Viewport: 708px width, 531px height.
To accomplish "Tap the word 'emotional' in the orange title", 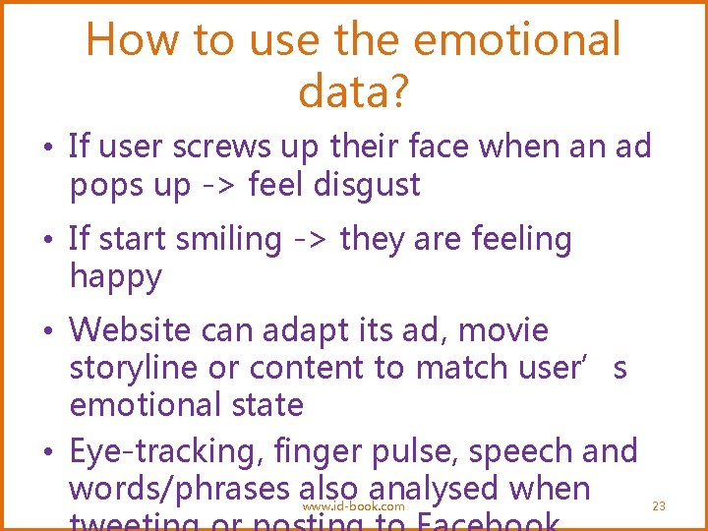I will pyautogui.click(x=519, y=41).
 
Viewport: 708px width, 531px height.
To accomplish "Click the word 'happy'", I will pyautogui.click(x=115, y=277).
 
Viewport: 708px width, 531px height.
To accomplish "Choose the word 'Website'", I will pyautogui.click(x=135, y=330).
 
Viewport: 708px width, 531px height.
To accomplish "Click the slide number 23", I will pyautogui.click(x=659, y=505).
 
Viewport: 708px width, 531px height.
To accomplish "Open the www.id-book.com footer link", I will pyautogui.click(x=353, y=506).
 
